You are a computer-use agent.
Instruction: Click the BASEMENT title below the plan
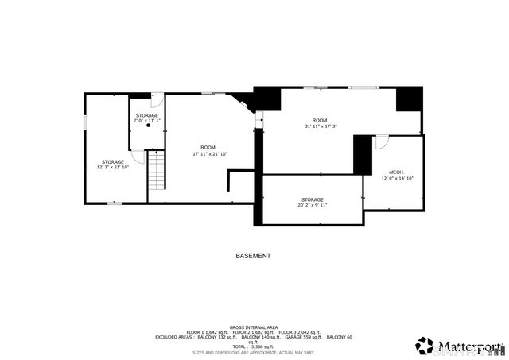click(x=253, y=256)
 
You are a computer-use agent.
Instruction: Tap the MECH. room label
click(x=396, y=172)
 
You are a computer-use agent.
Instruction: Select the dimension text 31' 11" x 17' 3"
click(x=321, y=126)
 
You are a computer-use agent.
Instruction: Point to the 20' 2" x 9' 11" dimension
click(x=312, y=205)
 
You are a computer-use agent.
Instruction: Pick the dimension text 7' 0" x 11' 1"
click(x=146, y=122)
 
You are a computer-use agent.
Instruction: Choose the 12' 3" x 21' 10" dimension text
click(x=112, y=167)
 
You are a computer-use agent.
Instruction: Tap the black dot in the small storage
click(x=147, y=126)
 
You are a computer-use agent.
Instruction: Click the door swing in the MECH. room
click(x=382, y=142)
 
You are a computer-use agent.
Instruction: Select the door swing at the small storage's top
click(x=157, y=101)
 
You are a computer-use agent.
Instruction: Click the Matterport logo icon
click(x=424, y=346)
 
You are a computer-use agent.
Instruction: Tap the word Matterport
click(x=469, y=346)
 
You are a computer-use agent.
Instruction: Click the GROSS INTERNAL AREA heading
click(x=254, y=327)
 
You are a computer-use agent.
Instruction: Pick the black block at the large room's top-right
click(x=409, y=99)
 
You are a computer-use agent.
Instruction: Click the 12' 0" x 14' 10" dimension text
click(x=397, y=178)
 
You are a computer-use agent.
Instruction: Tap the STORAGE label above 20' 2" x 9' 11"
click(x=312, y=199)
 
